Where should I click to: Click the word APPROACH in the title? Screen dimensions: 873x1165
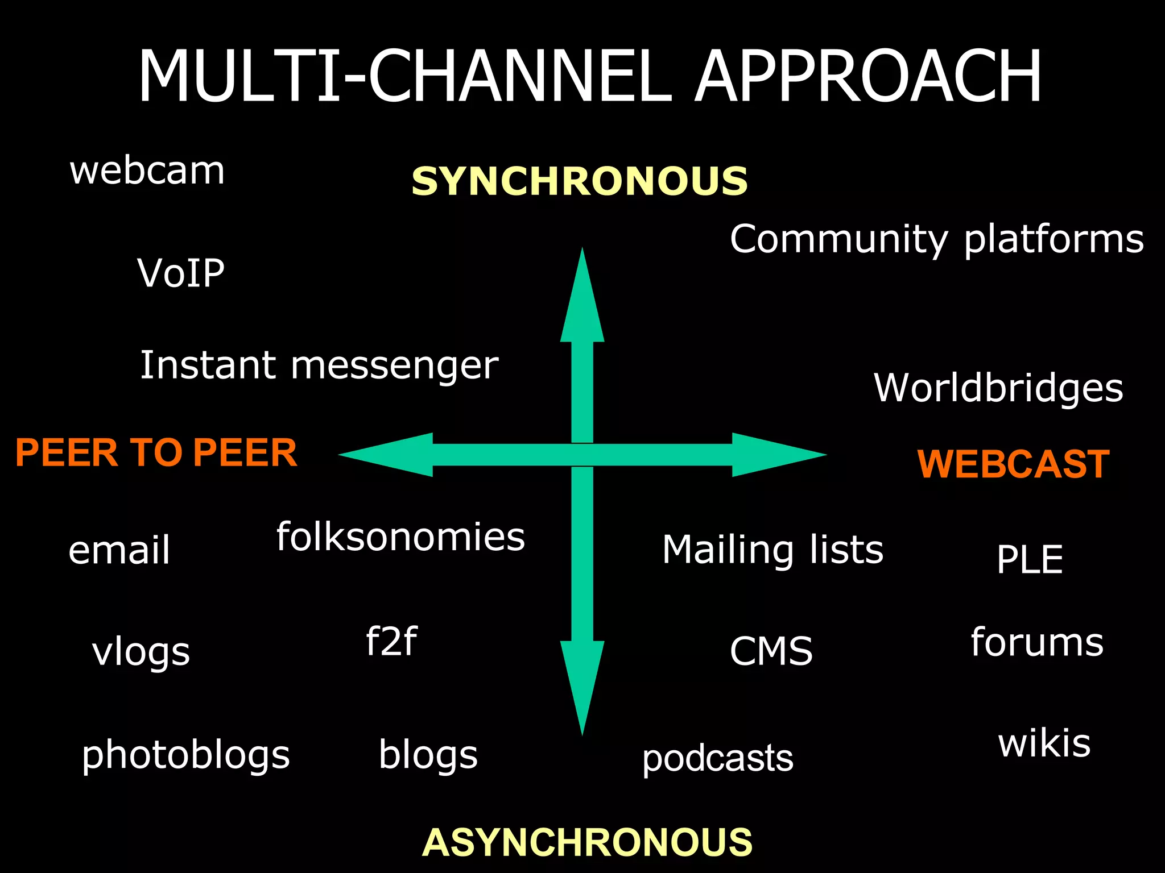click(869, 77)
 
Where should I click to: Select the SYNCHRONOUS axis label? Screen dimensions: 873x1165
click(579, 181)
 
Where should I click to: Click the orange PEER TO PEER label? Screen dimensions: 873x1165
click(156, 453)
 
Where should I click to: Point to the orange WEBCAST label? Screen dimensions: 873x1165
click(1013, 464)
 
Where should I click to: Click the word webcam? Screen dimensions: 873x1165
click(147, 171)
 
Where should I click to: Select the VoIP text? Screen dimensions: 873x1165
click(181, 273)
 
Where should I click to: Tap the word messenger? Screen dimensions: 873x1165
click(394, 365)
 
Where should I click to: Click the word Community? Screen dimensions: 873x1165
click(839, 239)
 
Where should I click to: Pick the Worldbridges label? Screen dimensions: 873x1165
click(998, 388)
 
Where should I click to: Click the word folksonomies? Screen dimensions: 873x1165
click(400, 537)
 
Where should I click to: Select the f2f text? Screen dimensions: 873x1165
click(391, 641)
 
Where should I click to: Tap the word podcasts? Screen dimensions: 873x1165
click(717, 759)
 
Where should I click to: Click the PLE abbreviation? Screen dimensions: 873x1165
click(1030, 560)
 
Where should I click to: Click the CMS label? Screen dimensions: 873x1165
click(771, 651)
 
